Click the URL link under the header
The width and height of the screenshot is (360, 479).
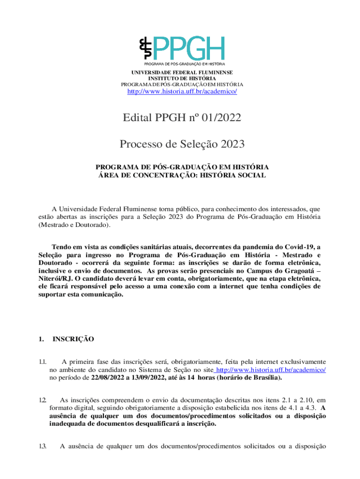182,91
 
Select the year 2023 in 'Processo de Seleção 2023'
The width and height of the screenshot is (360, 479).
230,145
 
